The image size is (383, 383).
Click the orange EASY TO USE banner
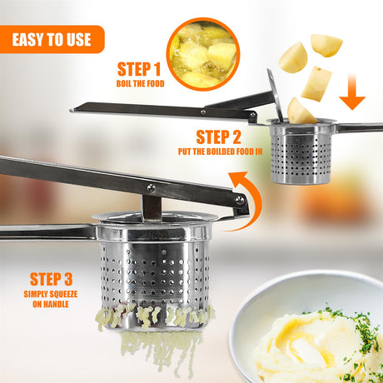[x=52, y=39]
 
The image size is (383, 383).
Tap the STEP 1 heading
[x=139, y=69]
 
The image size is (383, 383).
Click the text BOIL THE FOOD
[x=140, y=83]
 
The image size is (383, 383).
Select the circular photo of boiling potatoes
[x=203, y=54]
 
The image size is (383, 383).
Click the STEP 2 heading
[x=218, y=137]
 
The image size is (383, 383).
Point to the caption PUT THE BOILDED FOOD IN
[x=220, y=152]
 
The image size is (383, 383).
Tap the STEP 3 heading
[x=51, y=279]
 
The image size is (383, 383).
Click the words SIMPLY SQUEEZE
[x=51, y=294]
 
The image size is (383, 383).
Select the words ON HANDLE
[x=51, y=304]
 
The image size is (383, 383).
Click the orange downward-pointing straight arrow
[x=352, y=92]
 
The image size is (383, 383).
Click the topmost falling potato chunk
[x=326, y=45]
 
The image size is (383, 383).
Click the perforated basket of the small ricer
[x=301, y=156]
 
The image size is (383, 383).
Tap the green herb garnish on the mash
[x=361, y=331]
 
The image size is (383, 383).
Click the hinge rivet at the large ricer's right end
[x=240, y=201]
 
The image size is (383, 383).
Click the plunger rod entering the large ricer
[x=152, y=208]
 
